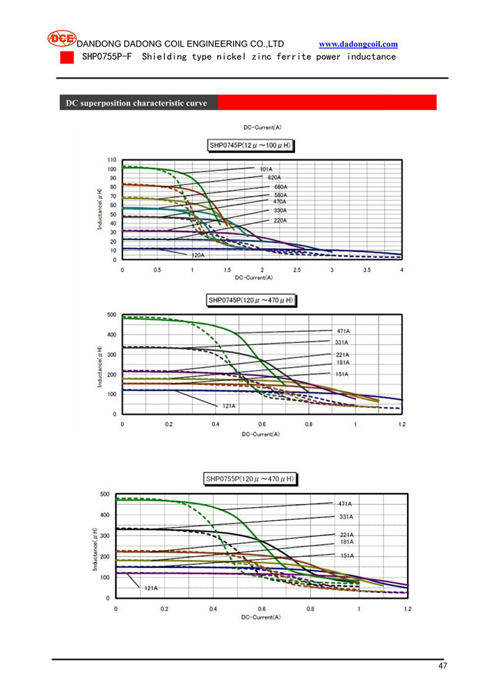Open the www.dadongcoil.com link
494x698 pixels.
point(358,44)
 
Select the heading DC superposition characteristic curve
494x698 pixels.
point(136,103)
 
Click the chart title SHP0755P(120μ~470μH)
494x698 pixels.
point(250,478)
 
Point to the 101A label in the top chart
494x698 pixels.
point(266,169)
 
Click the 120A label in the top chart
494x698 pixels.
point(198,255)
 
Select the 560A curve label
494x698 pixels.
point(280,195)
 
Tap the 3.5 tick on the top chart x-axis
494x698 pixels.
point(367,270)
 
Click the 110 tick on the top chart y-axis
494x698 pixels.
point(112,161)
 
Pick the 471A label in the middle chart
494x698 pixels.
point(342,331)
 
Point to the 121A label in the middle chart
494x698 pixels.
point(229,405)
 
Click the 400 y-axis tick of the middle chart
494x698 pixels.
point(111,334)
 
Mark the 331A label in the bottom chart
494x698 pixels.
point(346,517)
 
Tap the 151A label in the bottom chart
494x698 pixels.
point(346,555)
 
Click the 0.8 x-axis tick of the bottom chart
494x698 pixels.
point(310,609)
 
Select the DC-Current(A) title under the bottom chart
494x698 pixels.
point(261,617)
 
